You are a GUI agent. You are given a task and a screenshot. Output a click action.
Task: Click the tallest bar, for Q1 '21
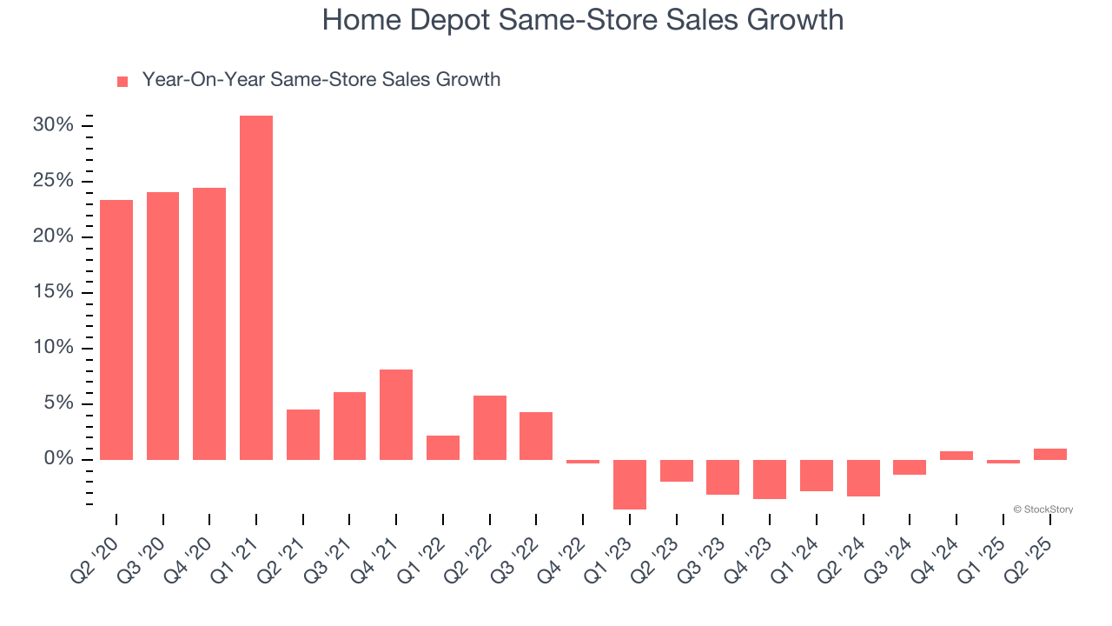[256, 287]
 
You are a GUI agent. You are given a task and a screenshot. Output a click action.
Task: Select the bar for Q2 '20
[116, 330]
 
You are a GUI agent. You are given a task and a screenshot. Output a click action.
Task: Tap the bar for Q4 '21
[396, 414]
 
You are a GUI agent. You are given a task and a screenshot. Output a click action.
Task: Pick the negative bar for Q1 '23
[630, 484]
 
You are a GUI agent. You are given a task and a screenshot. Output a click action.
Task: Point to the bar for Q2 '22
[490, 427]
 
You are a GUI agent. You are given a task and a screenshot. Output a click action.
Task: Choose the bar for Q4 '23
[770, 479]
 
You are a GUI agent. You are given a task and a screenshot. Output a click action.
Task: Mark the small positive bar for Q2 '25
[1049, 454]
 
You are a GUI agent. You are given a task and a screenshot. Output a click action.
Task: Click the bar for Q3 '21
[349, 425]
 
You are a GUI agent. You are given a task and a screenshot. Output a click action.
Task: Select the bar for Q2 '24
[863, 477]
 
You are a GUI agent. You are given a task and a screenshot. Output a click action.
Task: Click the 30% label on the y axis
[53, 125]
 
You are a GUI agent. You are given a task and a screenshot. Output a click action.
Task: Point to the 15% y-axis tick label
[53, 292]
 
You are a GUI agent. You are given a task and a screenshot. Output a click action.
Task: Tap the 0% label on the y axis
[58, 459]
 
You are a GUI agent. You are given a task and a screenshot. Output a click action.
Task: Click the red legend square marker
[122, 82]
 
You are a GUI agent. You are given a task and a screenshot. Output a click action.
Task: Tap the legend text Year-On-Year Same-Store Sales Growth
[321, 80]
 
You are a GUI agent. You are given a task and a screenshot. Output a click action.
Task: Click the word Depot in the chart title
[459, 20]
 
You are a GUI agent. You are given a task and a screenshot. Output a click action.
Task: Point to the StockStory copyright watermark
[1042, 509]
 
